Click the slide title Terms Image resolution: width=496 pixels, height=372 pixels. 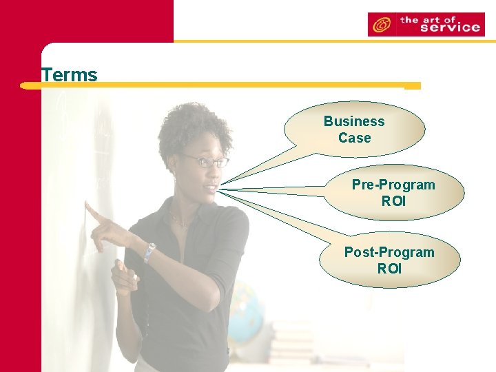(69, 74)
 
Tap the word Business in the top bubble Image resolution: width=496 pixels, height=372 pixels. (354, 121)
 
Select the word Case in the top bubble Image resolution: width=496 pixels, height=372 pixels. (354, 138)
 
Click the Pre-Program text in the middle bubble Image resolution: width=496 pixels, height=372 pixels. (393, 185)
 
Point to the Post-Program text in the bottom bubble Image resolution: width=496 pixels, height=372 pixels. (389, 252)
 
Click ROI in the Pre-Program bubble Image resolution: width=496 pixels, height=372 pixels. (393, 201)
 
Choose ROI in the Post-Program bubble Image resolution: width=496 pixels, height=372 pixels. (389, 269)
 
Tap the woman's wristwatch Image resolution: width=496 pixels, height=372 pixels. (149, 252)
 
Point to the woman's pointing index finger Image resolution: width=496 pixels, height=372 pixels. (93, 211)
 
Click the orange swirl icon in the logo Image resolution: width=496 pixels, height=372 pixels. (380, 25)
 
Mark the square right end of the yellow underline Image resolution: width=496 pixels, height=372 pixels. (412, 86)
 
